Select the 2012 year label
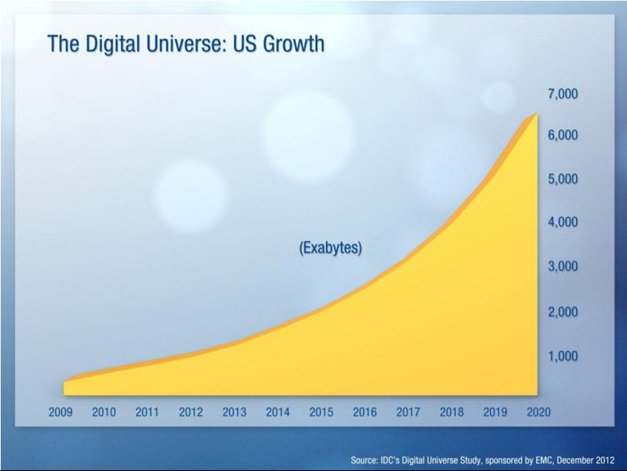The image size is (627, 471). [x=190, y=412]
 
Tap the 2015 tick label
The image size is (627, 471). [x=321, y=412]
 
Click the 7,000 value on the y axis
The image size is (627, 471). [x=562, y=94]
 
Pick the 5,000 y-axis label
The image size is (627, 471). [x=562, y=179]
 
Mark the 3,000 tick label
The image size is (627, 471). [x=562, y=266]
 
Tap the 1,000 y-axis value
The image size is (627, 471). [x=562, y=356]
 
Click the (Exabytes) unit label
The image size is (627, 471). [x=330, y=248]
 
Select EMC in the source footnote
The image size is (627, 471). [x=534, y=460]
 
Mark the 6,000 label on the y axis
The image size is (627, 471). [x=562, y=135]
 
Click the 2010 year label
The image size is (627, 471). [x=104, y=412]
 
